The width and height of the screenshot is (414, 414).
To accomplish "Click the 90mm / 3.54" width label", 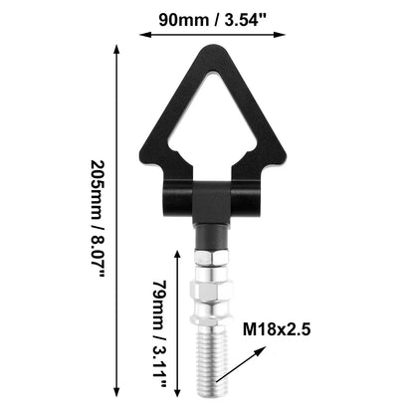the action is pyautogui.click(x=213, y=20).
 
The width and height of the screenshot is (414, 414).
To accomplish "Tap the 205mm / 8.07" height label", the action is pyautogui.click(x=99, y=219).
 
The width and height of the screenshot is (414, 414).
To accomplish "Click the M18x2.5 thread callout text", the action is pyautogui.click(x=277, y=329).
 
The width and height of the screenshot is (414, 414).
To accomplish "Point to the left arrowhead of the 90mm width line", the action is pyautogui.click(x=143, y=35).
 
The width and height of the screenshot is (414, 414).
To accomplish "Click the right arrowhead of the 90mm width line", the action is pyautogui.click(x=281, y=35).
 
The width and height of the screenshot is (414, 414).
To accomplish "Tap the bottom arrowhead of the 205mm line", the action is pyautogui.click(x=116, y=392).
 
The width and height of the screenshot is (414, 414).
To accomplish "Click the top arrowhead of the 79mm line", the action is pyautogui.click(x=177, y=255).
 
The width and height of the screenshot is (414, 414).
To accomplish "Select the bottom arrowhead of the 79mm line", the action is pyautogui.click(x=177, y=392).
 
